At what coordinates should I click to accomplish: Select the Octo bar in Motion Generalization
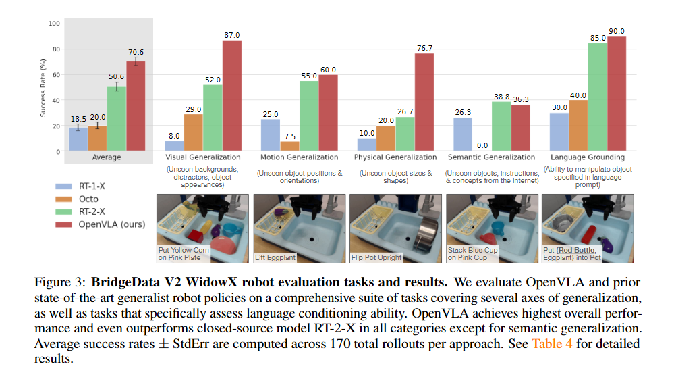(290, 146)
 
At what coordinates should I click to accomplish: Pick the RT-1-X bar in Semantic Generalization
(464, 134)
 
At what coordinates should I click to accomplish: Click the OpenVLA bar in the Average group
(136, 105)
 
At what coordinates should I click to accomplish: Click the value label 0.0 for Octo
(482, 145)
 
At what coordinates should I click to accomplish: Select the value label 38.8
(501, 97)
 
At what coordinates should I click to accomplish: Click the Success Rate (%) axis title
(43, 87)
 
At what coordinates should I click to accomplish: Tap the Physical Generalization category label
(396, 157)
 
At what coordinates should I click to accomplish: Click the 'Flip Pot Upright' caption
(376, 257)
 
